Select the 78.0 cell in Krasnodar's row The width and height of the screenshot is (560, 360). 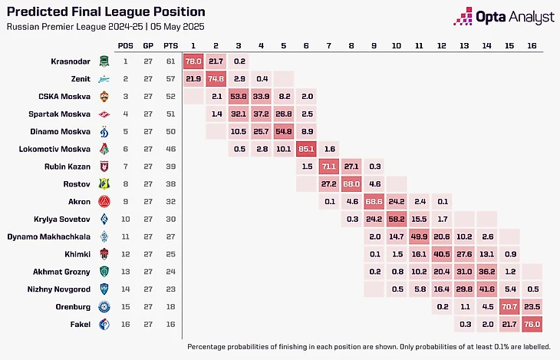[x=194, y=61]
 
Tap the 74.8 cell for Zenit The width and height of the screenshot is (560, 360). [x=217, y=78]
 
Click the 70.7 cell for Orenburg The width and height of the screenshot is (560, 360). [x=508, y=306]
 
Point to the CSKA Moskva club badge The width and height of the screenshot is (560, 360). [x=105, y=96]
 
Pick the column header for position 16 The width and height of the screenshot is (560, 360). [x=530, y=45]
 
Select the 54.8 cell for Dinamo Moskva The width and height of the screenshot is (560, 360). [x=285, y=131]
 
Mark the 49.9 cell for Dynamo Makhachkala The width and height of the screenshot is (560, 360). [x=420, y=236]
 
